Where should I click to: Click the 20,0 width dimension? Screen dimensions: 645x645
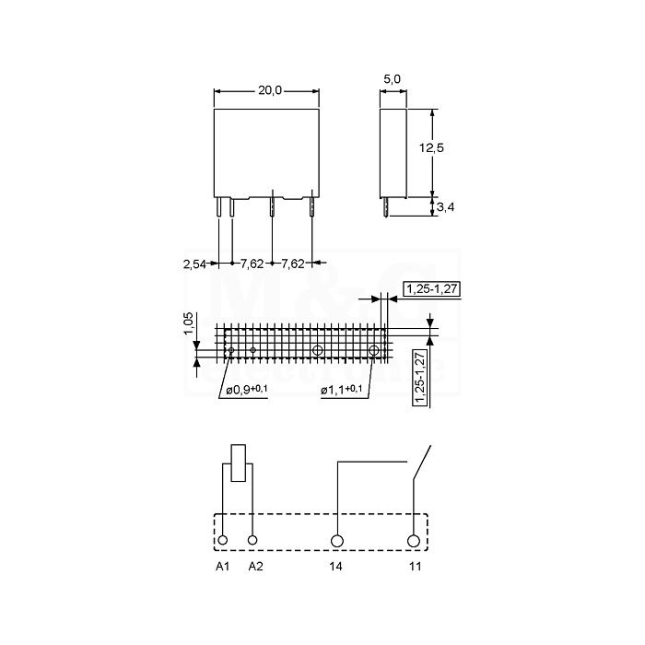click(270, 90)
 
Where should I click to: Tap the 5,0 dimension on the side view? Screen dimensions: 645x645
click(392, 79)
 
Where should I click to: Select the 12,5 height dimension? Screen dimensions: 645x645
click(431, 147)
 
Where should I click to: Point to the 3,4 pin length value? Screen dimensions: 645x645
click(445, 207)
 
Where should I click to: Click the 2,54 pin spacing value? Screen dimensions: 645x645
click(194, 264)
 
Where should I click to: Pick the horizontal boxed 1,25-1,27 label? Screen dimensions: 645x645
click(432, 288)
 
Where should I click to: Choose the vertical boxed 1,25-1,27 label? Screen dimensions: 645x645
click(420, 378)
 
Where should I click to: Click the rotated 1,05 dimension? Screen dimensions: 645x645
click(188, 323)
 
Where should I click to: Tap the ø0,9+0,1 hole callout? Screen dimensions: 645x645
click(247, 390)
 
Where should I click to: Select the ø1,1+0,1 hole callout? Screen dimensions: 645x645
click(342, 390)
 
